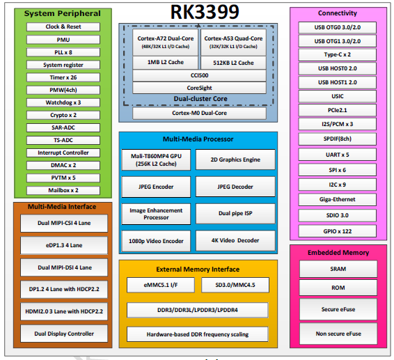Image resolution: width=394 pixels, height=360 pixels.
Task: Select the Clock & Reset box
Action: click(x=63, y=26)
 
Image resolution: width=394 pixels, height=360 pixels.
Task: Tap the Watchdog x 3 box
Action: click(x=63, y=102)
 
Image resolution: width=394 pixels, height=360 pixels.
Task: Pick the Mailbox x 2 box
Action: click(x=63, y=190)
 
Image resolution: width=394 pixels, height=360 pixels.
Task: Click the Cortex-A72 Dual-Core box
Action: click(x=165, y=42)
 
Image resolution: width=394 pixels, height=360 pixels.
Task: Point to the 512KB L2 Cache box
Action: click(x=233, y=62)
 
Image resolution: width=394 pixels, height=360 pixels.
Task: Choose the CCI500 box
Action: click(x=198, y=75)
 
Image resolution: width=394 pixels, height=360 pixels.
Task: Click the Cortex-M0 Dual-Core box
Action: click(x=198, y=113)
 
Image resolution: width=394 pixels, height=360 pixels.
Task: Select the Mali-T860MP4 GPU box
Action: click(x=157, y=159)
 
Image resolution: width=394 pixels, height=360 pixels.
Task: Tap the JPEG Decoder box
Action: click(x=235, y=187)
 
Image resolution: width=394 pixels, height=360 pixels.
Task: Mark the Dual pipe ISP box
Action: click(x=235, y=213)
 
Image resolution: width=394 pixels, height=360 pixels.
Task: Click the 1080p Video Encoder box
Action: click(x=157, y=241)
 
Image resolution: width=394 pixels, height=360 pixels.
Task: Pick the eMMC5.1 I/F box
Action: click(x=159, y=285)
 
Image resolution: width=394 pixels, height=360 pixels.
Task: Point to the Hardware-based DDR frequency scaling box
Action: click(x=198, y=334)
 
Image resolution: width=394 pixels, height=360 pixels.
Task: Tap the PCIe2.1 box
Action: click(x=338, y=110)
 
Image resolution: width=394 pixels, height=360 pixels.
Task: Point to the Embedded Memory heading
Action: click(x=338, y=252)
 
